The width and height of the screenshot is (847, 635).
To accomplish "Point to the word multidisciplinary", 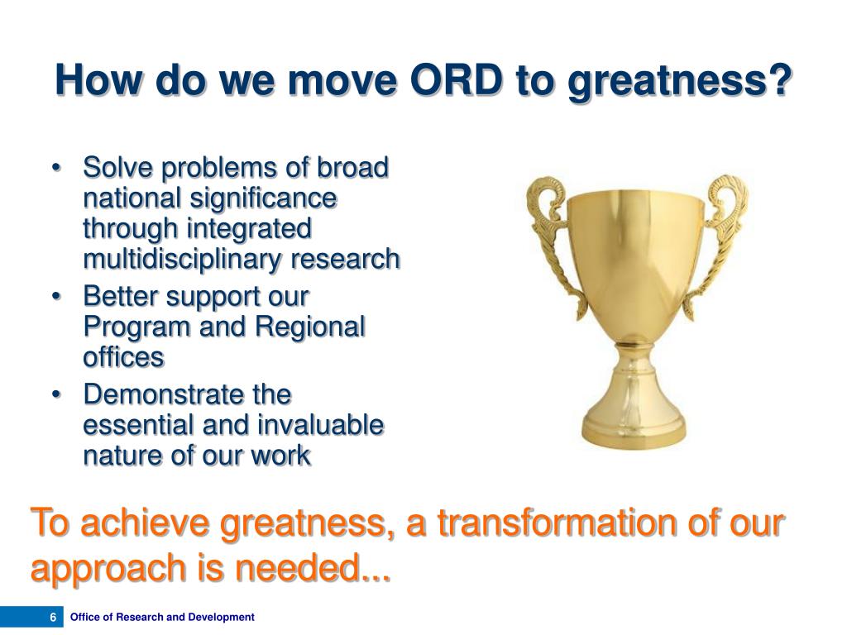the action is pos(182,260).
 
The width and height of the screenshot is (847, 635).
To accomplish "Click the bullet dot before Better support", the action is pos(56,297).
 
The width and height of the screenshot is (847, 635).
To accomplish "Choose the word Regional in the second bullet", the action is pos(310,327).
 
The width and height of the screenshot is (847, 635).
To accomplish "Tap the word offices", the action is pos(123,357).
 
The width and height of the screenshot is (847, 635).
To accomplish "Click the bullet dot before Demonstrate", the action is pos(56,394).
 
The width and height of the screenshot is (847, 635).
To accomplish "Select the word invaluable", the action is pos(320,425).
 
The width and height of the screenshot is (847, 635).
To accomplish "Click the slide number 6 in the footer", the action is pos(53,617).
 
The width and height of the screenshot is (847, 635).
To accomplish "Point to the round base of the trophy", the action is pos(634,427).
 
